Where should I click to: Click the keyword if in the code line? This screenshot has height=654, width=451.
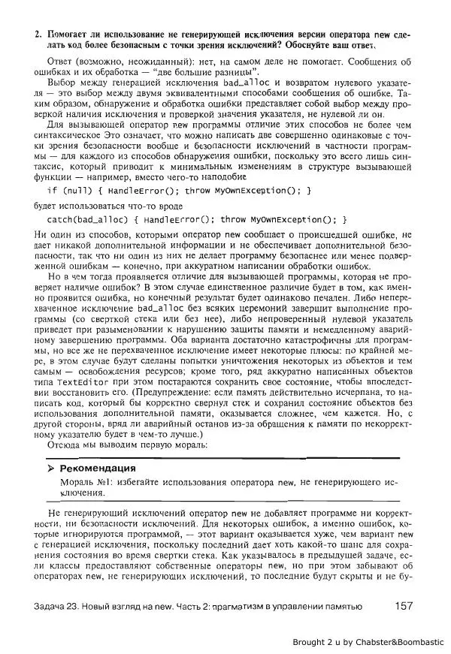tap(53, 191)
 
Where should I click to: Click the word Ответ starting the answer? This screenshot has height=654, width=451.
tap(62, 59)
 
